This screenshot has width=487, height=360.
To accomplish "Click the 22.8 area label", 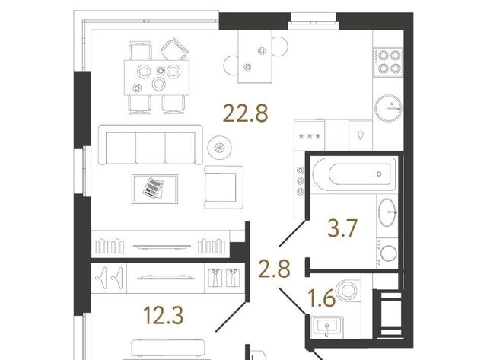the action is click(x=245, y=113).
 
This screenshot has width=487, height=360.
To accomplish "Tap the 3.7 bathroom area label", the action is click(x=342, y=228).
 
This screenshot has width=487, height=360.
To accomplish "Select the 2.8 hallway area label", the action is click(x=275, y=269).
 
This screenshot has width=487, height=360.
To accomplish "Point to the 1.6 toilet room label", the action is click(x=321, y=298).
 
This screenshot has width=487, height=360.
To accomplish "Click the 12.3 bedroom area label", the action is click(x=164, y=315).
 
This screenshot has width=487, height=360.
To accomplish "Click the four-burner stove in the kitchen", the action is click(x=388, y=62).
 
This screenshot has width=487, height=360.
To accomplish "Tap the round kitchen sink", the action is click(x=388, y=108).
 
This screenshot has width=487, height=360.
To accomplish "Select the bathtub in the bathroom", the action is click(x=354, y=174).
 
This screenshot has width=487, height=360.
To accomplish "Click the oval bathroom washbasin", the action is click(x=387, y=212).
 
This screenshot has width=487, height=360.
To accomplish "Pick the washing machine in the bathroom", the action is click(x=387, y=253).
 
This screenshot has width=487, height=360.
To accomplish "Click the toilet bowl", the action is click(x=348, y=291).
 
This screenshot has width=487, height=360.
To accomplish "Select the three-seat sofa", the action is click(x=151, y=145).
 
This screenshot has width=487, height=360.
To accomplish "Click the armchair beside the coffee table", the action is click(x=224, y=187).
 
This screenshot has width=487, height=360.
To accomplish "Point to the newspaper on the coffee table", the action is click(x=153, y=187).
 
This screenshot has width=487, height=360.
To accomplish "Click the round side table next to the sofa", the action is click(x=219, y=147).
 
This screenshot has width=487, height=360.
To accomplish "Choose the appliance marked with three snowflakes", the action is click(x=309, y=135).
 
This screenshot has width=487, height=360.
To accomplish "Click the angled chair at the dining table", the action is click(x=174, y=49).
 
